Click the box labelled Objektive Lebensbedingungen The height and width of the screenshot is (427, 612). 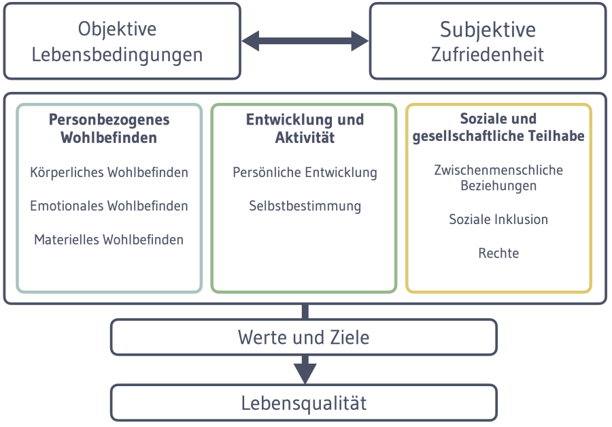(122, 41)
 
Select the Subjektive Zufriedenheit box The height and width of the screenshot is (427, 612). (488, 41)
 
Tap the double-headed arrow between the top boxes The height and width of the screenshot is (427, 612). (305, 41)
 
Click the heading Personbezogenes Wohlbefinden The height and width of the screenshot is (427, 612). (109, 129)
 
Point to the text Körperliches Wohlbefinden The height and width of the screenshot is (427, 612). (109, 172)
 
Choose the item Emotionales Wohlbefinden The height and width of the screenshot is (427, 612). (109, 206)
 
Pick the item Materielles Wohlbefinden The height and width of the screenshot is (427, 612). (109, 240)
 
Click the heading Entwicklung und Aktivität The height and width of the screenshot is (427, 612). (305, 129)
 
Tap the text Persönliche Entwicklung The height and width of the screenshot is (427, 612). (305, 172)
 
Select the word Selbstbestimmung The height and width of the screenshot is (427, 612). (305, 206)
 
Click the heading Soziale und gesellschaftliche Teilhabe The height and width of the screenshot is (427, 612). (498, 127)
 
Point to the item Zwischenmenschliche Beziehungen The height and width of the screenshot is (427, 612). (498, 177)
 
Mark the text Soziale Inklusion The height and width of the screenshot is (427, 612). (498, 219)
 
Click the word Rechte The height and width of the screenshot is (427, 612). (498, 253)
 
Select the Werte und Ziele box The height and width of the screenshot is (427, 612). (304, 337)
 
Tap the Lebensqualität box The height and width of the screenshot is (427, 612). (304, 402)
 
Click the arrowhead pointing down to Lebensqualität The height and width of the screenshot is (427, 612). (305, 373)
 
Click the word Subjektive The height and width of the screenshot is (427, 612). (488, 30)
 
